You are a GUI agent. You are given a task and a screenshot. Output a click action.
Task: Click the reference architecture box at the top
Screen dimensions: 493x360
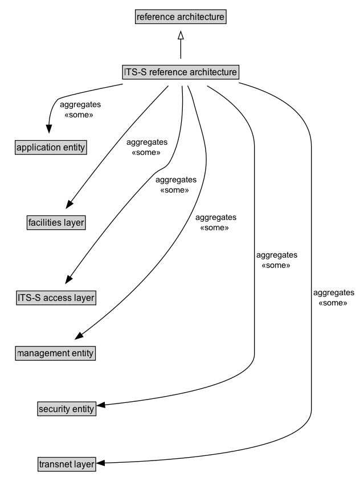pos(181,17)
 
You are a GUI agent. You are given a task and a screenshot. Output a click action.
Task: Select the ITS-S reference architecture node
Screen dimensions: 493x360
pos(180,72)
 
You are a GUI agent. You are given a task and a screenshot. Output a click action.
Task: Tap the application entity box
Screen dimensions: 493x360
pos(51,148)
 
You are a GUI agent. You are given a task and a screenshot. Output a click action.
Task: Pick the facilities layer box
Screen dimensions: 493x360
pos(56,222)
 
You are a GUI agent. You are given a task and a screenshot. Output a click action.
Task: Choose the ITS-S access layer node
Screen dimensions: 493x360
pos(55,297)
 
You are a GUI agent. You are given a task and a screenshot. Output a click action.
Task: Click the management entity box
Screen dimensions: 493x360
pos(55,353)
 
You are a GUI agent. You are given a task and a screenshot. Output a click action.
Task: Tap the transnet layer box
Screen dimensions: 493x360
pos(67,465)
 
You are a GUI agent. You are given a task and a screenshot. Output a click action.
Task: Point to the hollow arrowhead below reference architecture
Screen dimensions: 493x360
pos(181,36)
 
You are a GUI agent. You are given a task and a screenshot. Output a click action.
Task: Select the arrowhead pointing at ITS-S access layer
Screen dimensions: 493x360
pos(68,279)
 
